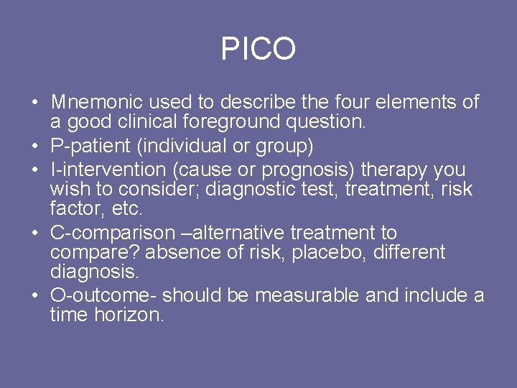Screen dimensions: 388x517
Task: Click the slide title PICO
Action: point(258,49)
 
